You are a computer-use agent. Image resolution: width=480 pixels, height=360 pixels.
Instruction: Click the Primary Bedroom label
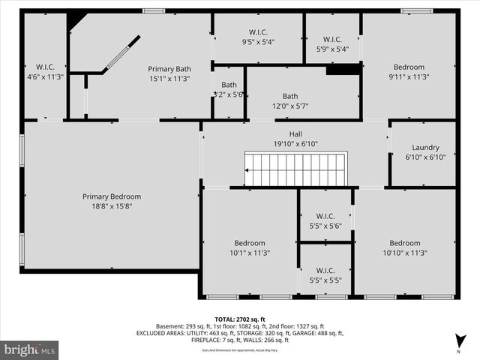click(x=112, y=196)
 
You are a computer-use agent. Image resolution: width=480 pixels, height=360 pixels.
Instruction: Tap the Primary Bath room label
click(x=174, y=69)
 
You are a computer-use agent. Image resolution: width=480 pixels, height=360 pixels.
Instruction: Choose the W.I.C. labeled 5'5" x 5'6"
click(x=325, y=220)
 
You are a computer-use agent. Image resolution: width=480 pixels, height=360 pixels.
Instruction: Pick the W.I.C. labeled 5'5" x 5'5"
click(x=325, y=275)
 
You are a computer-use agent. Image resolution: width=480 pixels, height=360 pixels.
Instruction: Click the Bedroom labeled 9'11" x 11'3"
click(x=409, y=71)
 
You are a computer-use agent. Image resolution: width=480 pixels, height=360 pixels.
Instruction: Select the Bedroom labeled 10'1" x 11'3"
click(x=250, y=247)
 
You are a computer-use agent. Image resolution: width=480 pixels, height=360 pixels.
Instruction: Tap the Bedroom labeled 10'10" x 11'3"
click(x=405, y=247)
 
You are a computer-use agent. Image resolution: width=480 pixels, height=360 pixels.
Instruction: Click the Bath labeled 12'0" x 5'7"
click(x=290, y=100)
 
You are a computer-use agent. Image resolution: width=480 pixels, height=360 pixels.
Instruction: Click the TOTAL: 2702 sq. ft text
click(x=240, y=319)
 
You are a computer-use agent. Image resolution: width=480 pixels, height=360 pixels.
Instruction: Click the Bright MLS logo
click(x=30, y=349)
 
